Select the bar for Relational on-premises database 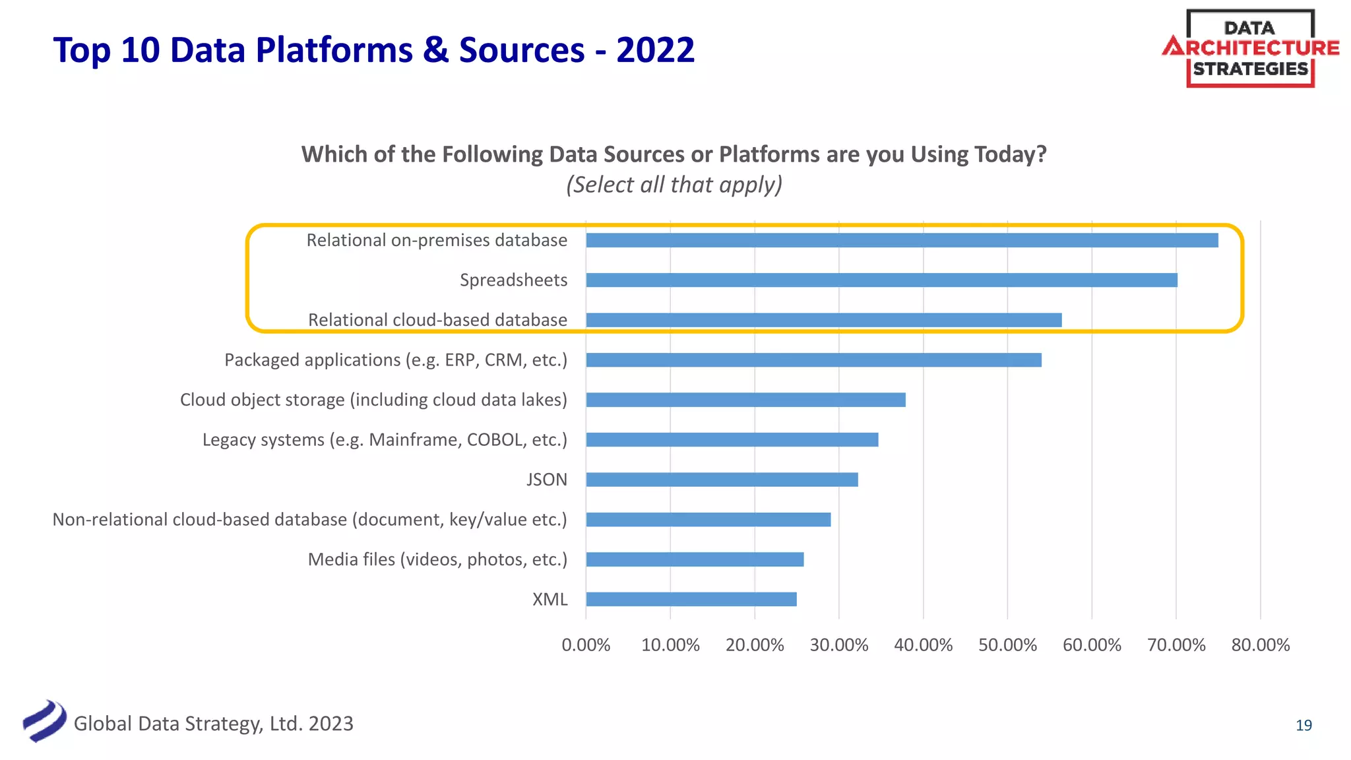tap(902, 240)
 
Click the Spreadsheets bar tap(881, 280)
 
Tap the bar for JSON tap(722, 480)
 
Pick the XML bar tap(691, 599)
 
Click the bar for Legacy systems tap(732, 439)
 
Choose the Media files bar tap(695, 559)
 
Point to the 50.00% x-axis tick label tap(1007, 645)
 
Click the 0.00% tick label tap(586, 645)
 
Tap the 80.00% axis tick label tap(1260, 645)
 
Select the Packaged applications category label tap(396, 360)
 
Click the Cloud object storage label tap(373, 400)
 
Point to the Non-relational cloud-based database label tap(309, 520)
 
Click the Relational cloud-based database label tap(437, 320)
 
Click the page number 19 tap(1304, 726)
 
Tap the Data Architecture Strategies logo tap(1250, 48)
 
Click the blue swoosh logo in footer tap(44, 721)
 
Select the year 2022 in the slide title tap(655, 50)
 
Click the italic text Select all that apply tap(674, 185)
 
